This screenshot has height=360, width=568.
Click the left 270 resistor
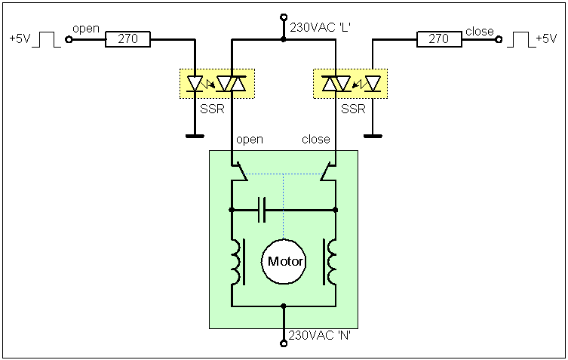tap(127, 38)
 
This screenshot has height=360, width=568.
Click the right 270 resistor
tap(438, 38)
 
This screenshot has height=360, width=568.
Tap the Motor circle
tap(284, 262)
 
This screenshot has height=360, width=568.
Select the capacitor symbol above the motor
tap(262, 210)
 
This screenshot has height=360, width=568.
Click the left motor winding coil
tap(237, 262)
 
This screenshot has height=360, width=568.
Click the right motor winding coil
tap(330, 262)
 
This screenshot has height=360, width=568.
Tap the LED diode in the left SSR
tap(195, 83)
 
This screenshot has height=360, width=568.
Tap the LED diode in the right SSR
tap(373, 83)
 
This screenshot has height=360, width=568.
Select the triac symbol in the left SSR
tap(232, 83)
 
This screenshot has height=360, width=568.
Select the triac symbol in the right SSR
tap(336, 83)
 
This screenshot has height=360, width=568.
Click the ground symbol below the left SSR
tap(195, 137)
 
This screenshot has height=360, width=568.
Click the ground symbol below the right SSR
tap(373, 137)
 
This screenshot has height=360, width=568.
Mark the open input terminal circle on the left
tap(69, 38)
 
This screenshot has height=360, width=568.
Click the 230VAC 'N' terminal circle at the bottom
tap(284, 343)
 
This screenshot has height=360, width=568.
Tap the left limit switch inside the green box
tap(240, 173)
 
